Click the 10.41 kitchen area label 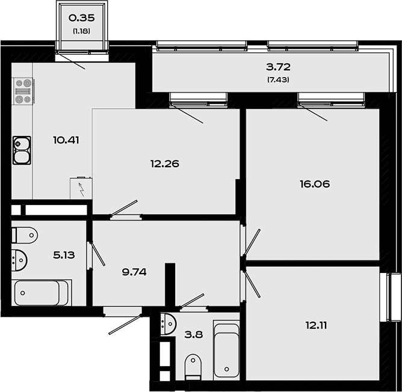[x=66, y=140]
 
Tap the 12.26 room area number [x=165, y=164]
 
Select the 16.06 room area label [x=315, y=184]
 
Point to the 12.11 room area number [x=316, y=325]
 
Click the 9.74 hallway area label [x=134, y=272]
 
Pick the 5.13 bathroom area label [x=64, y=255]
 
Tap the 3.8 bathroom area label [x=194, y=334]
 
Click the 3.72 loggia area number [x=278, y=67]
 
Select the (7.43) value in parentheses [x=278, y=80]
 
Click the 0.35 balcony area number [x=81, y=18]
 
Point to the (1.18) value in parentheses [x=81, y=31]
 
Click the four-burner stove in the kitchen [x=23, y=91]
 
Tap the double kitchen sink [x=22, y=150]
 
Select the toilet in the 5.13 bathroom [x=24, y=235]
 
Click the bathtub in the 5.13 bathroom [x=42, y=293]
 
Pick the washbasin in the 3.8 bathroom [x=168, y=323]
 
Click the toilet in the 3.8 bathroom [x=193, y=367]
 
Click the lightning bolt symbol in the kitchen [x=81, y=189]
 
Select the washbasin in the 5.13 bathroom [x=19, y=260]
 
